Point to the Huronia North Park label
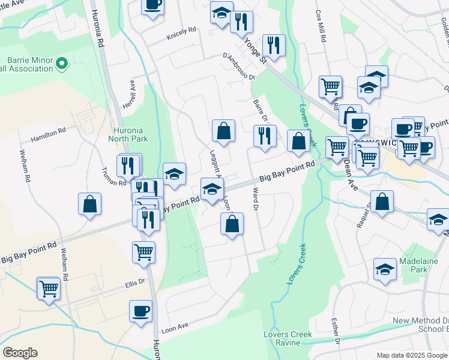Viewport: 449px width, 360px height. (x=130, y=134)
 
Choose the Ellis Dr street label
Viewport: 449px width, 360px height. (x=134, y=281)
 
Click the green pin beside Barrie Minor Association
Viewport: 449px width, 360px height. (x=61, y=62)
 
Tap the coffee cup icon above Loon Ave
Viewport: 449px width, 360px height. (x=141, y=311)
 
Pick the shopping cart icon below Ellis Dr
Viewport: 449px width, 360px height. (x=49, y=289)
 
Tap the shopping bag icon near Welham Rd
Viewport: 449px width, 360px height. (x=89, y=203)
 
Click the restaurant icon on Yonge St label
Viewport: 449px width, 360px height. (x=273, y=45)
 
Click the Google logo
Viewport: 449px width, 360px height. (x=20, y=353)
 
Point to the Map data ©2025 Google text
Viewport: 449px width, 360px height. (x=411, y=355)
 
